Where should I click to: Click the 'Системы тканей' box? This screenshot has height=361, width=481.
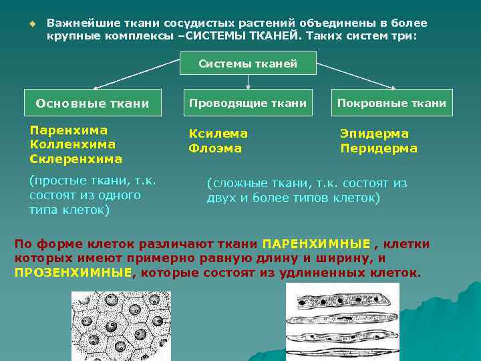[247, 64]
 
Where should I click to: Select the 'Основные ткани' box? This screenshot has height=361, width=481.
[92, 103]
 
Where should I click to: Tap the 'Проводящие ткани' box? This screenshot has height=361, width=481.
[247, 103]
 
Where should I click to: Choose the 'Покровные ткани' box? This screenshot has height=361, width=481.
[391, 103]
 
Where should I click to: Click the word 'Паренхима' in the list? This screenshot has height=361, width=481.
[69, 130]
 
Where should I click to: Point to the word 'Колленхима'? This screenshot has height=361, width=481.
[73, 144]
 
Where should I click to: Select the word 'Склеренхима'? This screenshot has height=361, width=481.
[76, 158]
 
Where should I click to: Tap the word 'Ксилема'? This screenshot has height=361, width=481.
[218, 134]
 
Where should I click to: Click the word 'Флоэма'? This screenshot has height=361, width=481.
[214, 148]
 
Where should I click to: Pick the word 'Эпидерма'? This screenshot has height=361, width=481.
[374, 134]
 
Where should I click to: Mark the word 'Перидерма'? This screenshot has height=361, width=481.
[379, 148]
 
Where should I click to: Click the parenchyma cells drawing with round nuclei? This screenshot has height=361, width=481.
[120, 326]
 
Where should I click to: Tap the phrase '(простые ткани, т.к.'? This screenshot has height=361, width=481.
[92, 180]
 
